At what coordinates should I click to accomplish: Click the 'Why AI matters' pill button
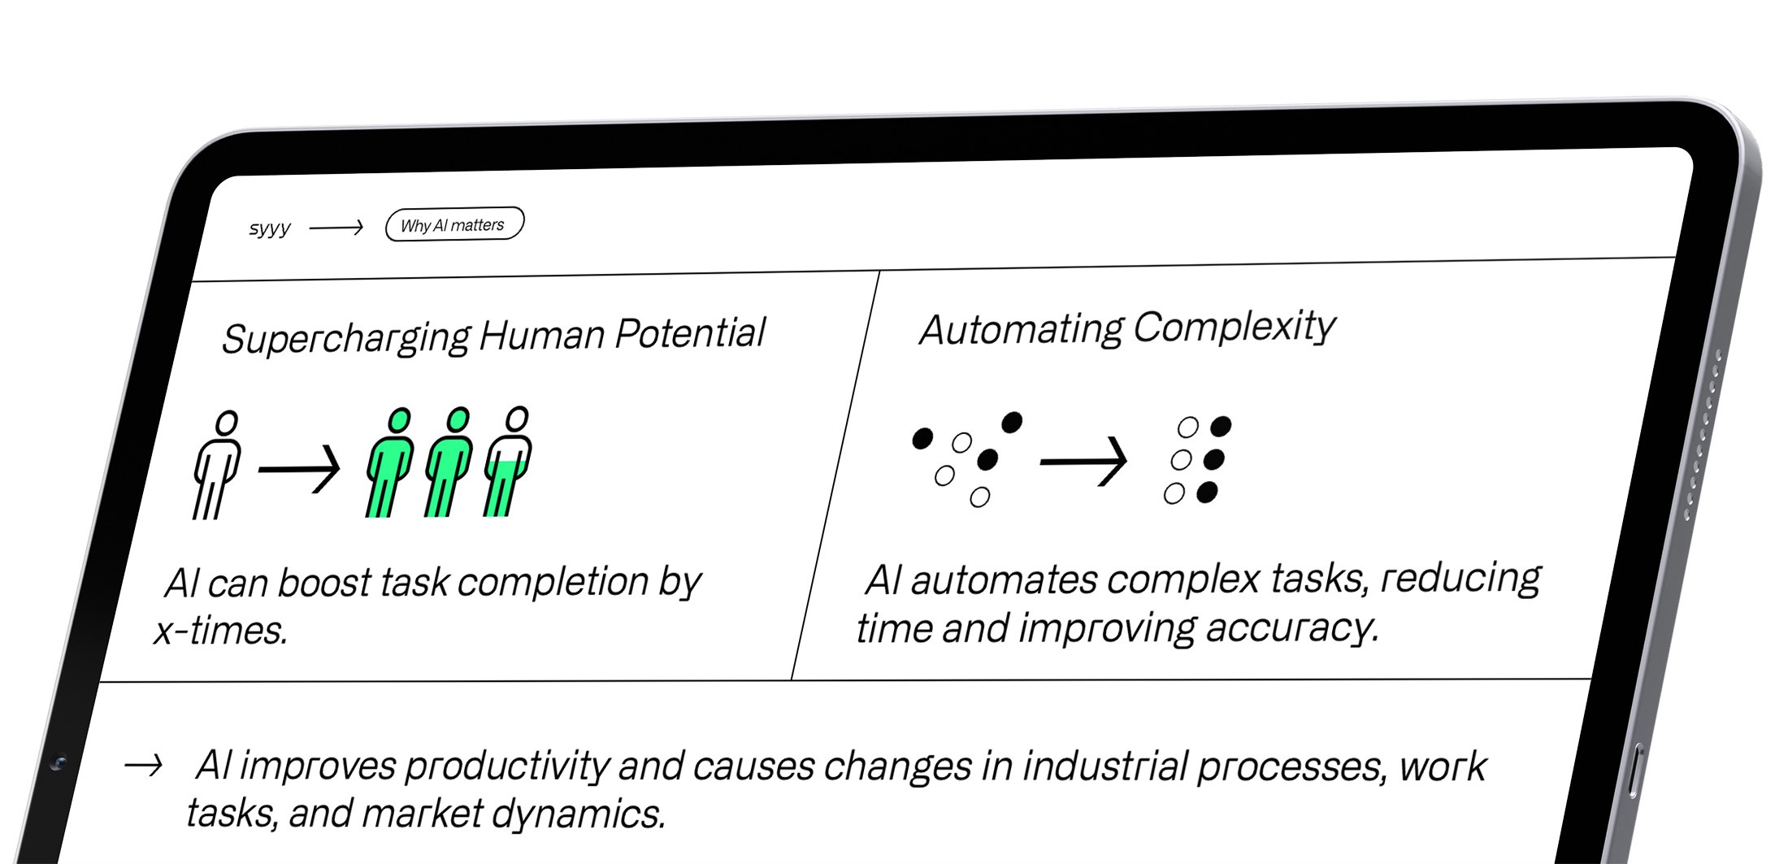point(454,224)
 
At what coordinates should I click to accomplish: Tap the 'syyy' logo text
point(269,228)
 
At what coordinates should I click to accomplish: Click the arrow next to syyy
point(336,228)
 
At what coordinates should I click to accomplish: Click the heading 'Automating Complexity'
point(1127,328)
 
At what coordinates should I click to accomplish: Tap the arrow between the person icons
point(299,468)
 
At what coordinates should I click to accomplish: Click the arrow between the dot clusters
point(1084,461)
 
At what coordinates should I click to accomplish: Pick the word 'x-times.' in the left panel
point(221,631)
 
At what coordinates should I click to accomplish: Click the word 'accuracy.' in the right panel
point(1292,627)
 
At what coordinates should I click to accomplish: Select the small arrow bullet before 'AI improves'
point(143,765)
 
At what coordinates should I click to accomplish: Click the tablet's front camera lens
point(58,762)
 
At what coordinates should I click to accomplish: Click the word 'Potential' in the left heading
point(690,333)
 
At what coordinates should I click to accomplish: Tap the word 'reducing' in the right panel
point(1460,578)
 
